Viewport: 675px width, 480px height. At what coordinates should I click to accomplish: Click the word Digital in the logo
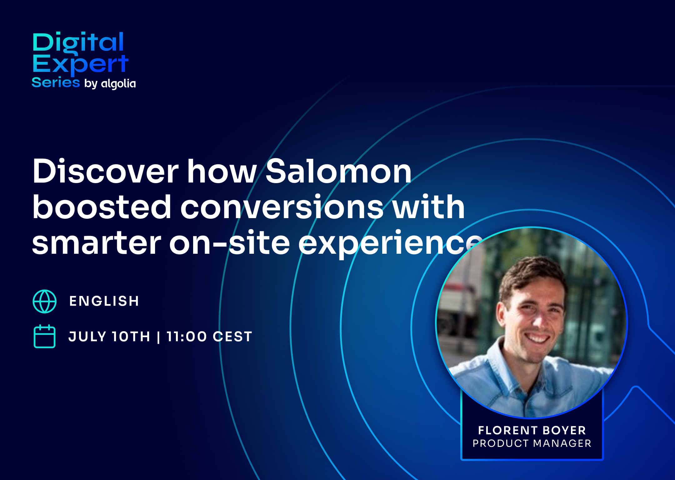click(x=78, y=43)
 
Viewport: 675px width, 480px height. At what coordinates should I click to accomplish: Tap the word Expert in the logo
click(x=80, y=65)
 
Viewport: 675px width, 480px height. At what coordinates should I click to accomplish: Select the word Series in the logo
click(x=56, y=82)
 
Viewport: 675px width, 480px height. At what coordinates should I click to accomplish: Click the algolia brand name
click(x=118, y=83)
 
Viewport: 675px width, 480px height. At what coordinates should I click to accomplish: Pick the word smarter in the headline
click(x=97, y=242)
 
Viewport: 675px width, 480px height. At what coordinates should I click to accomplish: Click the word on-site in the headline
click(x=230, y=242)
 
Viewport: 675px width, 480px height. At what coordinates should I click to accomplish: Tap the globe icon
click(x=45, y=301)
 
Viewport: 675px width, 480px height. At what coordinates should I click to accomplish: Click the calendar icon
click(x=45, y=336)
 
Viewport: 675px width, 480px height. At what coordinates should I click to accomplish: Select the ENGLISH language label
click(x=104, y=301)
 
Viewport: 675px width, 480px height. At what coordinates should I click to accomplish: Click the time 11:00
click(x=187, y=337)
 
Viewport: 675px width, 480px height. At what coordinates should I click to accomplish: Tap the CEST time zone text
click(x=232, y=337)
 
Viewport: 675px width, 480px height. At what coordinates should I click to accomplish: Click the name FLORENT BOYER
click(x=532, y=430)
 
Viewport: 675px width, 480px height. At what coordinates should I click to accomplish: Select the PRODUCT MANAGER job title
click(x=532, y=443)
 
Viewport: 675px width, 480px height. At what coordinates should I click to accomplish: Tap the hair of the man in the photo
click(x=531, y=272)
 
